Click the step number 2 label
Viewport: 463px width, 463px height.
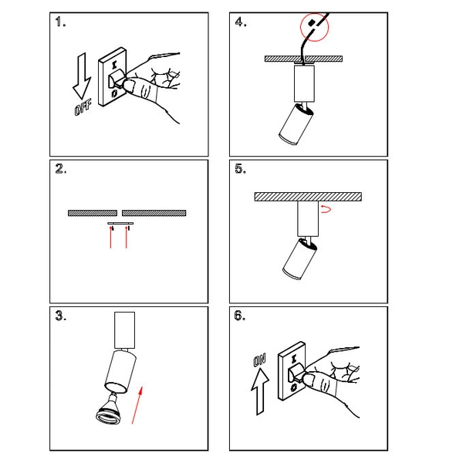point(62,171)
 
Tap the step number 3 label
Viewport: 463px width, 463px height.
point(62,317)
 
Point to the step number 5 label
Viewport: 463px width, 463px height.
point(241,171)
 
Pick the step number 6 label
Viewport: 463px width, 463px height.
point(241,317)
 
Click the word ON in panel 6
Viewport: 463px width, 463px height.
point(259,358)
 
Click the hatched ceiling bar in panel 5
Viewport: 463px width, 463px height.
point(308,197)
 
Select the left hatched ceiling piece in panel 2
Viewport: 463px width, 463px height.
point(93,211)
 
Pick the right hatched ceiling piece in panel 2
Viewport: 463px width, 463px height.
point(155,211)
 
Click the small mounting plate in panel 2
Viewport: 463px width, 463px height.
point(120,224)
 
